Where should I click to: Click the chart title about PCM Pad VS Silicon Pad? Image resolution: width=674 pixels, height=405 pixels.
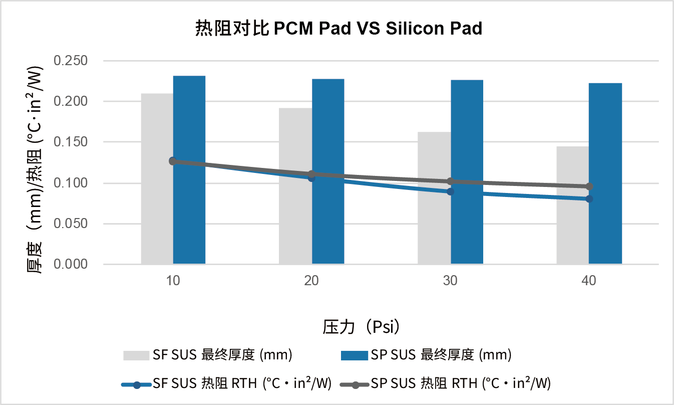(338, 29)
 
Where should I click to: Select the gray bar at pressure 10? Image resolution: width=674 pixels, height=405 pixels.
(157, 211)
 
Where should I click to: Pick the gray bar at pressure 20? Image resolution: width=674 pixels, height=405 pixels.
(295, 221)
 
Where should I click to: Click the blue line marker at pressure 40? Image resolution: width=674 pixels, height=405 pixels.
(589, 198)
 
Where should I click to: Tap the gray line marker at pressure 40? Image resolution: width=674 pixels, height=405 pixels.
(589, 186)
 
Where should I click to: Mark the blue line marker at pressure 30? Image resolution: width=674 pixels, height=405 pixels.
(450, 191)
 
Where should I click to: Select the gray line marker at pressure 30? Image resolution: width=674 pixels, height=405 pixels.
(450, 181)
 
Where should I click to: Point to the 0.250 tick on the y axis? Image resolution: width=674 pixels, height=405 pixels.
(71, 61)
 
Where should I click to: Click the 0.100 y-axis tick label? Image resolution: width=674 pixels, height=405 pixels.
(71, 183)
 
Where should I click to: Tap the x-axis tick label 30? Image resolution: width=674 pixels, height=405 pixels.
(450, 281)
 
